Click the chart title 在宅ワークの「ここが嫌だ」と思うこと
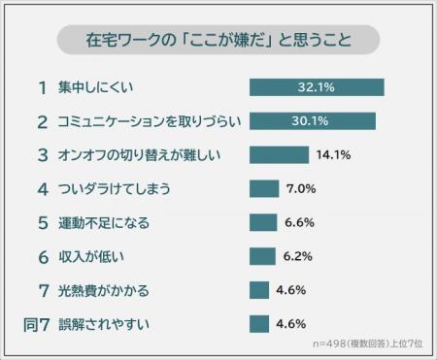tap(218, 42)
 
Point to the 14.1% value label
tap(332, 155)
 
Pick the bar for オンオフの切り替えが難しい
tap(279, 155)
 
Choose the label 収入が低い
tap(92, 256)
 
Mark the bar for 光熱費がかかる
tap(258, 289)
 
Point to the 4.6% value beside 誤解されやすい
tap(291, 323)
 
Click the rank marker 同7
tap(35, 323)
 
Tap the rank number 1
tap(42, 88)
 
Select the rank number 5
tap(42, 222)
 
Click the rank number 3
tap(42, 155)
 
